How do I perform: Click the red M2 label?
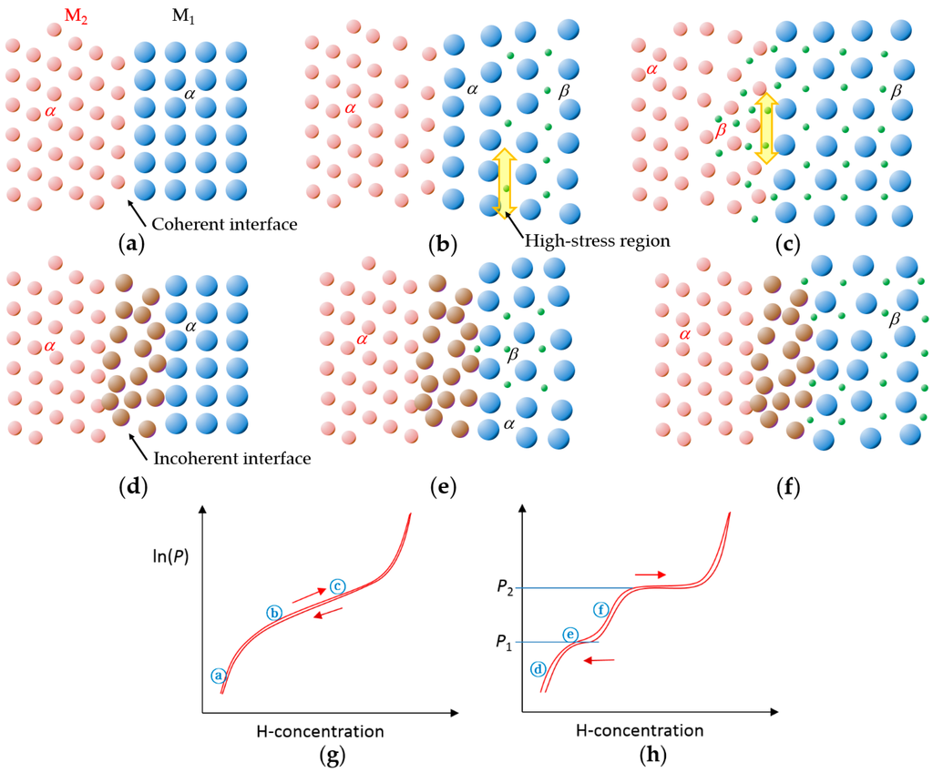[76, 15]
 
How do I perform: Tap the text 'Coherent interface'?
[225, 223]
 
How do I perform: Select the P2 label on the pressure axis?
[504, 588]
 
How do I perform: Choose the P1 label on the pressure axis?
[504, 643]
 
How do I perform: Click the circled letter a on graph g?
[218, 676]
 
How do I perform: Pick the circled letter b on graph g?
[274, 613]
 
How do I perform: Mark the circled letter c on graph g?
[337, 585]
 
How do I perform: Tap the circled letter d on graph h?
[538, 669]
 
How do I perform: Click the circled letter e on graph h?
[570, 634]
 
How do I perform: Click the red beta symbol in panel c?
[722, 131]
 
